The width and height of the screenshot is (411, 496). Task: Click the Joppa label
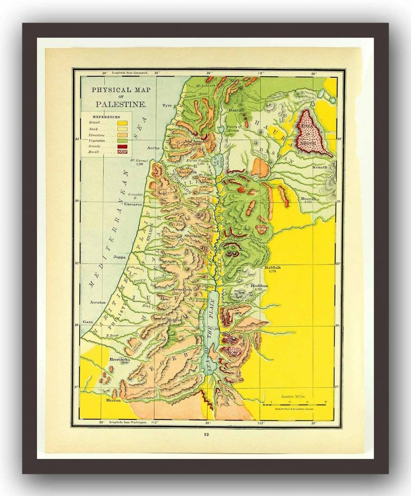pyautogui.click(x=121, y=257)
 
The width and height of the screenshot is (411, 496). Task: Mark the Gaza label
pyautogui.click(x=89, y=322)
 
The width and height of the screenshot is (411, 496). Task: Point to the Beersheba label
pyautogui.click(x=119, y=359)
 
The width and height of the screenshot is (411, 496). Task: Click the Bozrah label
pyautogui.click(x=309, y=199)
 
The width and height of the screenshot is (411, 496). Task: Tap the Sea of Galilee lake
pyautogui.click(x=218, y=161)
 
